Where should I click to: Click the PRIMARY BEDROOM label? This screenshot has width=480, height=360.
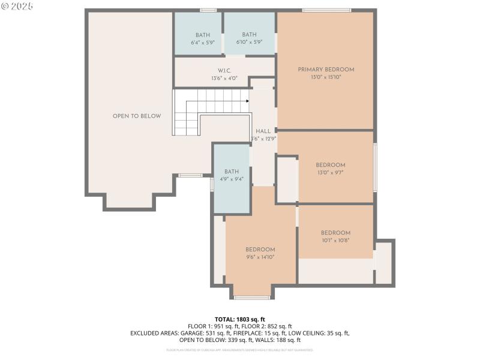click(326, 70)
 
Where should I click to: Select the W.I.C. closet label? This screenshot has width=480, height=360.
click(224, 71)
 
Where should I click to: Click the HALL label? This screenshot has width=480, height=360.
click(263, 131)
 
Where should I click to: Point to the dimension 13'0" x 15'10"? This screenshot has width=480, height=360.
click(326, 77)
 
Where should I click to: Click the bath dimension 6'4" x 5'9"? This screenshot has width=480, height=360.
click(203, 43)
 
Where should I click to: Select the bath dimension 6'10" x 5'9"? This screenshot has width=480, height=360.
click(249, 43)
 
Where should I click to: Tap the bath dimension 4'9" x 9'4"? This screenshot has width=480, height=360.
click(232, 179)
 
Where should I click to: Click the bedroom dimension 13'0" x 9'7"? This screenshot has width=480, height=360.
click(331, 173)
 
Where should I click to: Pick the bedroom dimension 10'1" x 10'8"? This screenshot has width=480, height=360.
click(335, 240)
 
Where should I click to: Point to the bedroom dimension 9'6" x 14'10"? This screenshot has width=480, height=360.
click(260, 257)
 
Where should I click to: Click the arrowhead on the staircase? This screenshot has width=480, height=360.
click(247, 101)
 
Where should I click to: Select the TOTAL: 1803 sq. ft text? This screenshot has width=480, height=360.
click(240, 319)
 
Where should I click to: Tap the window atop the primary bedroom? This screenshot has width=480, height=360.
click(326, 10)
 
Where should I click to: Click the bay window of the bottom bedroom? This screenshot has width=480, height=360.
click(251, 298)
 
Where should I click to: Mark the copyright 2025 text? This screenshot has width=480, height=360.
click(17, 6)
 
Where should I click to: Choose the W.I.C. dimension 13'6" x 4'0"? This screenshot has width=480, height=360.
click(224, 78)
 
